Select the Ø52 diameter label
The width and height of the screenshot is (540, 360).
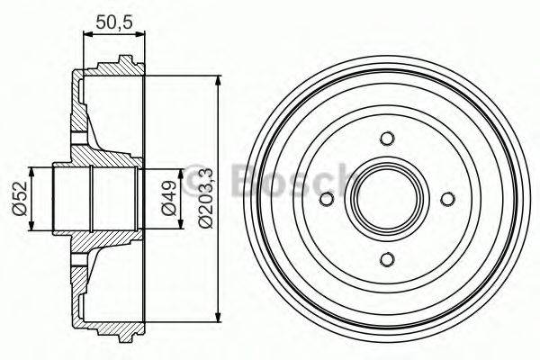pos(17,199)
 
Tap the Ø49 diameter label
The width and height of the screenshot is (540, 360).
pos(167,199)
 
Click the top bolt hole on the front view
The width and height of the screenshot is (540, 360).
pos(387,139)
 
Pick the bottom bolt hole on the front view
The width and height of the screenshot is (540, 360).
pos(387,259)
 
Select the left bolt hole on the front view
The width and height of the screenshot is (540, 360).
pos(327,199)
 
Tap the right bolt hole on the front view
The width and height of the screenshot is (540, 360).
pos(447,199)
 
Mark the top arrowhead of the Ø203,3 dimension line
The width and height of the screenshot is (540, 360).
pos(219,81)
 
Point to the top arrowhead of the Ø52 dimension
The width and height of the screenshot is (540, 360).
pos(31,171)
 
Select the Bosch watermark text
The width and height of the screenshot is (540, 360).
pos(288,180)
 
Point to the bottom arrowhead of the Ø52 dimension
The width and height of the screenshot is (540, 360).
pos(31,226)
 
